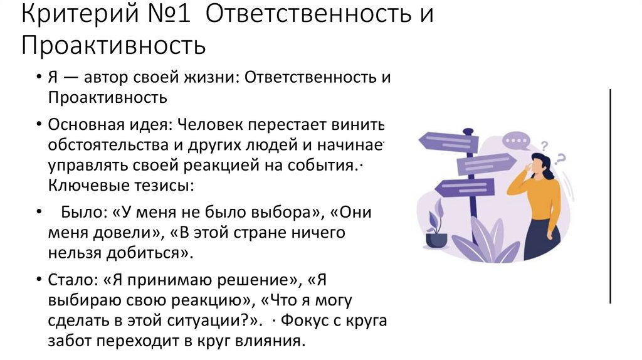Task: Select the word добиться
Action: [x=155, y=253]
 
